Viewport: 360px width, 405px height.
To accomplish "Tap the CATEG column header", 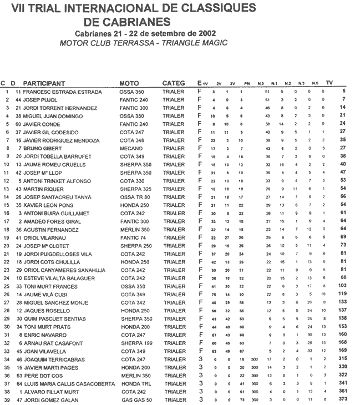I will [174, 83].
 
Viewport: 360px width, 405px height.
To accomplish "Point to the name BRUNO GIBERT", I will [43, 149].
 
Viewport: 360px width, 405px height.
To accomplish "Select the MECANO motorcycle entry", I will [130, 149].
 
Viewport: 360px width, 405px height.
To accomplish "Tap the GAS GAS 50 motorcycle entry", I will [135, 401].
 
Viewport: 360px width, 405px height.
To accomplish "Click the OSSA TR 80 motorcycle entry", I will [135, 196].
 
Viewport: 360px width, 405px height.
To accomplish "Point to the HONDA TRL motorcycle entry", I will [135, 383].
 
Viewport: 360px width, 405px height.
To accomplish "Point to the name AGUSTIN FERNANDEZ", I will [53, 228].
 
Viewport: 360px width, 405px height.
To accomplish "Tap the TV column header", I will [329, 83].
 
